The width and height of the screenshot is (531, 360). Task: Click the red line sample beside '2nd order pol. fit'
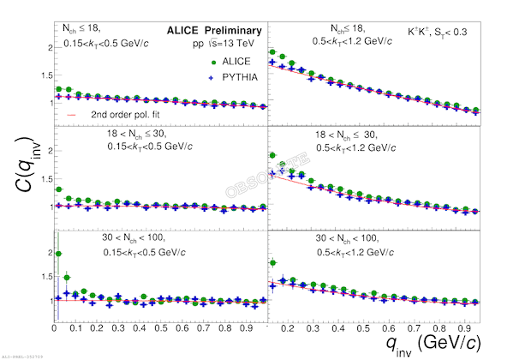point(72,112)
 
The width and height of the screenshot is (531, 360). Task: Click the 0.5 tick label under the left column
point(160,327)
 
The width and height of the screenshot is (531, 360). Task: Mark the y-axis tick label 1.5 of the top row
point(45,75)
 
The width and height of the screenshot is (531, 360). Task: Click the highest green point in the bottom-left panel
point(57,254)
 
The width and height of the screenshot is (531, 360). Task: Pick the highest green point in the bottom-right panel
point(272,262)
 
